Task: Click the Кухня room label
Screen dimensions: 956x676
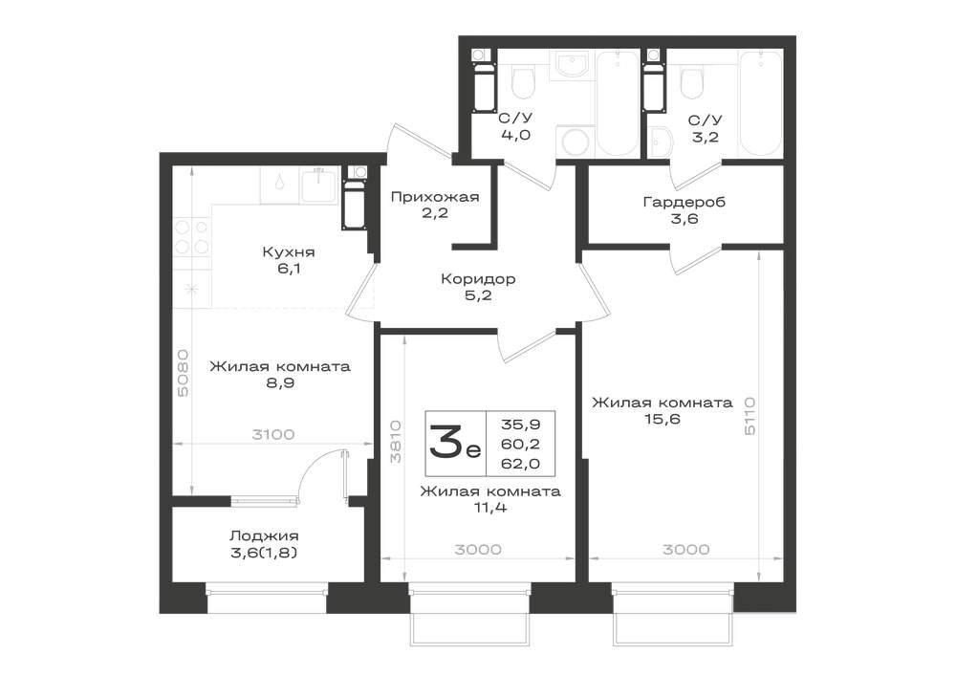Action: [x=289, y=251]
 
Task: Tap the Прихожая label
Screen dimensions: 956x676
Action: [x=435, y=197]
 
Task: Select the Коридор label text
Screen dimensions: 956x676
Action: [x=478, y=279]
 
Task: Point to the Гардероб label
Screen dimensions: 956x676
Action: [x=684, y=202]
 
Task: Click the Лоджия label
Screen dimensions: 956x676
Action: [x=264, y=536]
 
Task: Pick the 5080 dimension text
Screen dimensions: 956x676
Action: [x=183, y=373]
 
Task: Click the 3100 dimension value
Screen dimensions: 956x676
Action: [x=273, y=435]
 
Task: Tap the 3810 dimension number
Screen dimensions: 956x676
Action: [x=396, y=442]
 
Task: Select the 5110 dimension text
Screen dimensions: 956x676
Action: [x=750, y=416]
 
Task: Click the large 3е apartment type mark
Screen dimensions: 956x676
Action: [x=455, y=443]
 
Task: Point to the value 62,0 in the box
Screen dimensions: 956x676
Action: [x=520, y=464]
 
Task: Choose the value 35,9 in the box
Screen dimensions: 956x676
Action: [x=520, y=424]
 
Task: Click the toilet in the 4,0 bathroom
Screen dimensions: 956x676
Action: [x=523, y=83]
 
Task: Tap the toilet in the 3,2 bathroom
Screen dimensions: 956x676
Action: [x=691, y=83]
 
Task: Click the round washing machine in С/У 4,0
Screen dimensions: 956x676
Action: [x=575, y=142]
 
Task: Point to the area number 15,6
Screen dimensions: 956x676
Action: [x=662, y=420]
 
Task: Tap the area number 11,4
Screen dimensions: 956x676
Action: [x=490, y=507]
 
